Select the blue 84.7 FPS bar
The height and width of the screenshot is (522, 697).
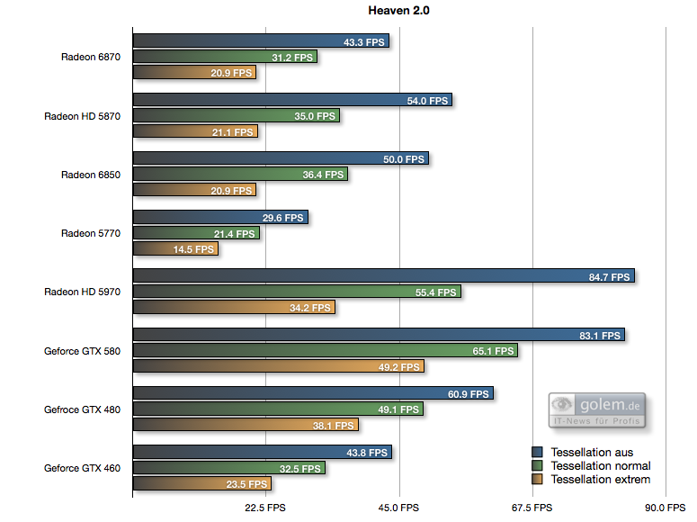[383, 276]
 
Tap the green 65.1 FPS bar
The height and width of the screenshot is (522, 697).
[325, 351]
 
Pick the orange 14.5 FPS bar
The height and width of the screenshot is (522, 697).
[175, 248]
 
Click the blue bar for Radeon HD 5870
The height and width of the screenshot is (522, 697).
[292, 101]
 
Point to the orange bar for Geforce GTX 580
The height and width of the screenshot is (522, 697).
[278, 366]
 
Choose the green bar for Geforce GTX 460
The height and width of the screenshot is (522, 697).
[228, 468]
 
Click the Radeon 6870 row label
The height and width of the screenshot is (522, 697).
[90, 57]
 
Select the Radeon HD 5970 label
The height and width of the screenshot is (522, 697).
[82, 292]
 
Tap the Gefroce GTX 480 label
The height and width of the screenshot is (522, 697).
[82, 409]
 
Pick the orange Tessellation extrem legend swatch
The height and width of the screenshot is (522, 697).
[538, 480]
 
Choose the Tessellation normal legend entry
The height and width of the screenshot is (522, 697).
[600, 466]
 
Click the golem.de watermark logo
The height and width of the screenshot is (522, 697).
[598, 409]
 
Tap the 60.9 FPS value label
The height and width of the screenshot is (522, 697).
[468, 393]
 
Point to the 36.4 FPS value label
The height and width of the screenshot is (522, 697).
[323, 175]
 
